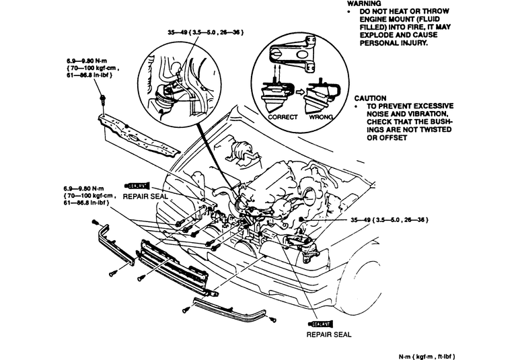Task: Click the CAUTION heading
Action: [369, 98]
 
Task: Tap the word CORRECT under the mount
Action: [274, 116]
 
